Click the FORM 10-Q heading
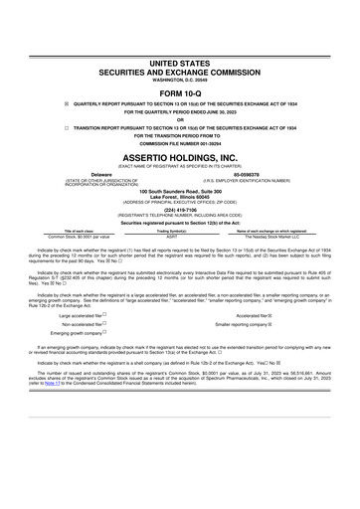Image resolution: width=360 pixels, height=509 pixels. pos(180,92)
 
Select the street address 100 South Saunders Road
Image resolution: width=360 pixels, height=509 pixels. pos(180,190)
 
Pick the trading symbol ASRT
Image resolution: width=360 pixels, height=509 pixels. pos(172,237)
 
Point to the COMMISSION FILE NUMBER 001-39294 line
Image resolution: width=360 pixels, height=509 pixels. pos(180,143)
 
